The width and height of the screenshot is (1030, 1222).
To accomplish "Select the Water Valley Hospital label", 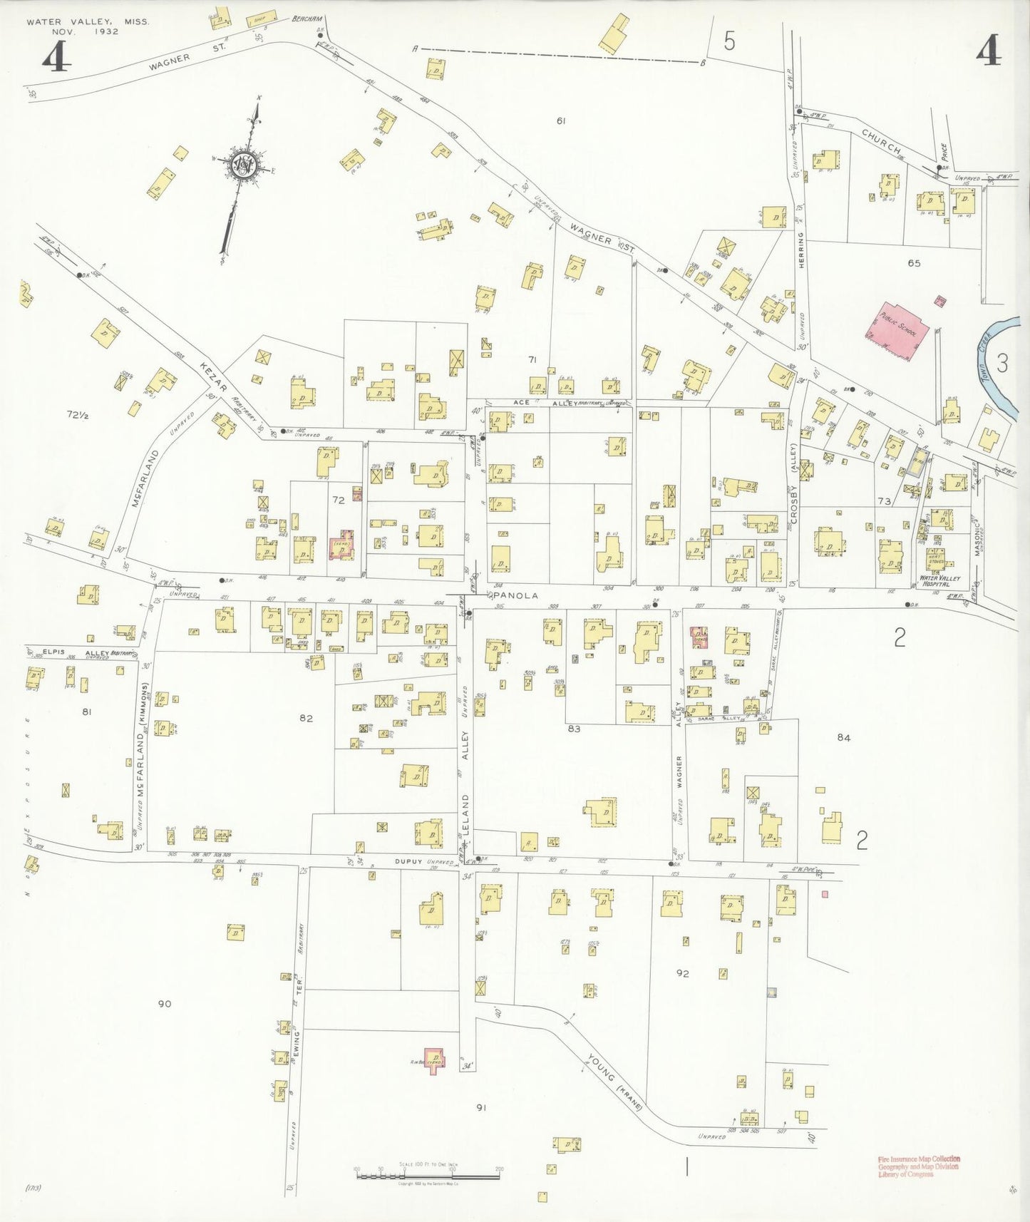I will tap(939, 580).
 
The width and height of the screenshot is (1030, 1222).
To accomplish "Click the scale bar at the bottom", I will tap(428, 1173).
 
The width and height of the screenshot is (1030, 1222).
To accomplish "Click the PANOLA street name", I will tap(515, 595).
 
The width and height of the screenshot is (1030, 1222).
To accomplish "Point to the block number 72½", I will tap(78, 414).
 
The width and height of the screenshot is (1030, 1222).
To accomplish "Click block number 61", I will tap(561, 121).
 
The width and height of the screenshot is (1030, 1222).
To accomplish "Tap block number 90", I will tap(165, 1004).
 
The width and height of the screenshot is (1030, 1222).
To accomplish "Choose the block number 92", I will tap(682, 973).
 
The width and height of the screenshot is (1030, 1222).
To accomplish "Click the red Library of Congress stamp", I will tap(919, 1166).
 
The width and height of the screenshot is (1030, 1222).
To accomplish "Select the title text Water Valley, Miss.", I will tap(88, 22).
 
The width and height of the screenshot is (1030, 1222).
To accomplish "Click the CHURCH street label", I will tap(882, 141).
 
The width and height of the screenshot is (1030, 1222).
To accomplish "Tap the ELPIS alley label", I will tap(54, 651).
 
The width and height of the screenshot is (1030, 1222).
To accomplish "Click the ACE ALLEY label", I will tap(543, 403).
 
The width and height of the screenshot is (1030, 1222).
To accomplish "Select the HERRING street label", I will tap(801, 250).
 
